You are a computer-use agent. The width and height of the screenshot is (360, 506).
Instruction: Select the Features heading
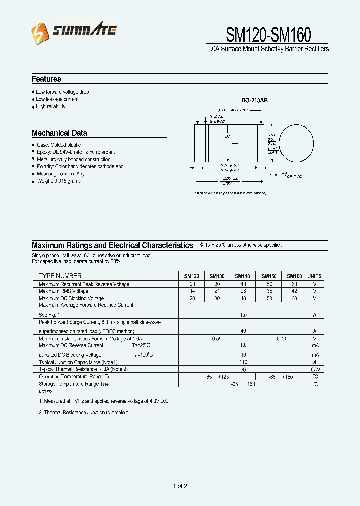pyautogui.click(x=46, y=79)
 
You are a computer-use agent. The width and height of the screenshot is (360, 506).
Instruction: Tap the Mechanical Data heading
pyautogui.click(x=59, y=133)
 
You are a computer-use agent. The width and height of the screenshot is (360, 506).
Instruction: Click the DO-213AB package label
pyautogui.click(x=254, y=100)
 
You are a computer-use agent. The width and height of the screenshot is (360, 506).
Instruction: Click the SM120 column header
pyautogui.click(x=191, y=276)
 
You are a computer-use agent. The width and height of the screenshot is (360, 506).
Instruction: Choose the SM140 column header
pyautogui.click(x=242, y=276)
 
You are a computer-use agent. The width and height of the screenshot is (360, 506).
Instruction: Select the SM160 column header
pyautogui.click(x=294, y=276)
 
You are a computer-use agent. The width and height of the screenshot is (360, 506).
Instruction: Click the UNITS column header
pyautogui.click(x=315, y=276)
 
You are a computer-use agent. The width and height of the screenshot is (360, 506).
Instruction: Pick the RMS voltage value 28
pyautogui.click(x=243, y=291)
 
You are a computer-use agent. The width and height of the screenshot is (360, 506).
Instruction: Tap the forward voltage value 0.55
pyautogui.click(x=217, y=338)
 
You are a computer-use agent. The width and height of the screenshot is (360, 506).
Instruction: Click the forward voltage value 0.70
pyautogui.click(x=281, y=338)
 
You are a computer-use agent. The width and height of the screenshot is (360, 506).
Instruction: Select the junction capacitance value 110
pyautogui.click(x=243, y=361)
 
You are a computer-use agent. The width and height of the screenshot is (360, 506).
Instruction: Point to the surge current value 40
pyautogui.click(x=243, y=331)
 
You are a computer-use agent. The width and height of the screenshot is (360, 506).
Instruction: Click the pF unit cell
pyautogui.click(x=315, y=361)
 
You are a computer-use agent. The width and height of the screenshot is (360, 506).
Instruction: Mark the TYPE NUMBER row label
pyautogui.click(x=60, y=276)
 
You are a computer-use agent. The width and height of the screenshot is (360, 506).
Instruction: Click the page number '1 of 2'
pyautogui.click(x=180, y=486)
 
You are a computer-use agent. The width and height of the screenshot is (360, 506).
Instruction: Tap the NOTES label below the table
pyautogui.click(x=45, y=392)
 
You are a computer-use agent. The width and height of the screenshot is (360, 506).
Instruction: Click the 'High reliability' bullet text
pyautogui.click(x=51, y=106)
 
